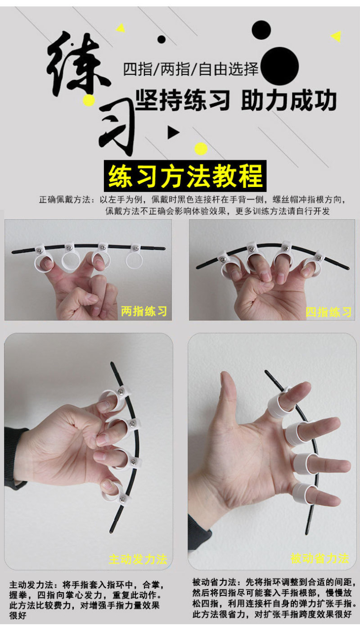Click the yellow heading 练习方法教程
[x=185, y=176]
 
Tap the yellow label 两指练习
[x=144, y=311]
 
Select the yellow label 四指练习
[x=328, y=312]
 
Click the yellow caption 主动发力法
[x=138, y=559]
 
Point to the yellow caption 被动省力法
[x=320, y=558]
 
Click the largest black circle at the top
[x=279, y=66]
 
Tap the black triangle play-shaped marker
[x=173, y=132]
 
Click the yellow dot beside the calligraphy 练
[x=89, y=100]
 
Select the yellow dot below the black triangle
[x=201, y=149]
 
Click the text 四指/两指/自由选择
[x=191, y=69]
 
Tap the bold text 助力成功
[x=289, y=100]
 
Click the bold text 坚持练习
[x=183, y=100]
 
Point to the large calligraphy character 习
[x=117, y=126]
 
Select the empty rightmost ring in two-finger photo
[x=135, y=259]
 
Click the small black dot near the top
[x=162, y=39]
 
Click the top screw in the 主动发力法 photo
[x=121, y=392]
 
